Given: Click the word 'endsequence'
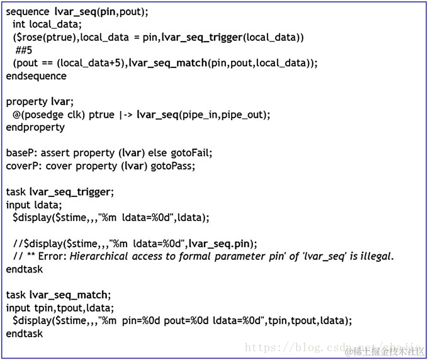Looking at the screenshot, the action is [36, 76].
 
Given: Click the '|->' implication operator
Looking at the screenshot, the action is [127, 115].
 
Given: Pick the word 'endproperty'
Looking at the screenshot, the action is [35, 127].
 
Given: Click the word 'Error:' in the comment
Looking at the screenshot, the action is [52, 256].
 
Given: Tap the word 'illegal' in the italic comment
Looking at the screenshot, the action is [373, 256].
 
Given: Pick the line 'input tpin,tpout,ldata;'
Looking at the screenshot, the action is [60, 308].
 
